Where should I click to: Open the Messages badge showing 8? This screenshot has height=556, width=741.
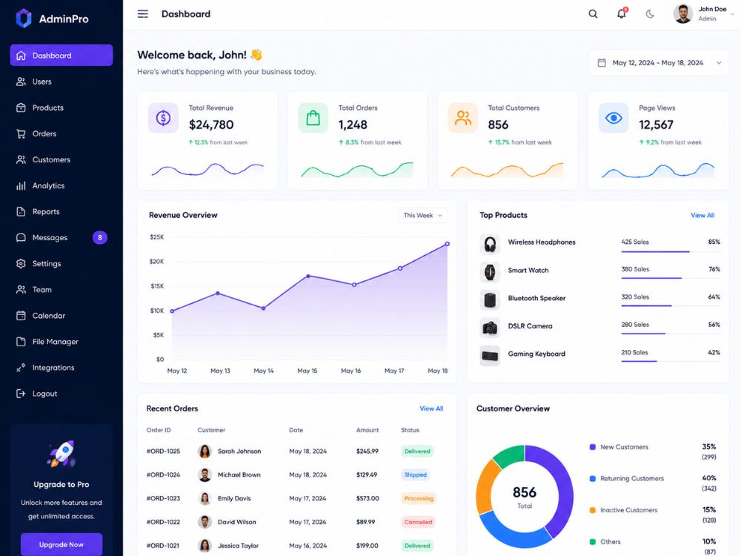point(100,237)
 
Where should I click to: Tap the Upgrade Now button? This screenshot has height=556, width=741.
point(62,544)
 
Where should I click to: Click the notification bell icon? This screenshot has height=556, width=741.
point(622,13)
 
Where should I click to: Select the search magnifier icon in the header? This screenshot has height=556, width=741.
point(593,13)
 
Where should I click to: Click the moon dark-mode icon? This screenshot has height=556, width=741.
point(651,13)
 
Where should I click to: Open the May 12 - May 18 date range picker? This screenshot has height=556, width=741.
point(659,62)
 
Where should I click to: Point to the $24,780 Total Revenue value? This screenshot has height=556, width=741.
point(211,125)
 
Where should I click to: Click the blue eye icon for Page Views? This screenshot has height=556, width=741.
point(614,118)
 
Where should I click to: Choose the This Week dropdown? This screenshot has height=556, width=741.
point(422,215)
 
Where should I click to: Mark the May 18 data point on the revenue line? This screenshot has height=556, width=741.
point(447,244)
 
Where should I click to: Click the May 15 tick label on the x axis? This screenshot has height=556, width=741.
point(308,371)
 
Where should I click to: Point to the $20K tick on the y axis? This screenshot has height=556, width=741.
point(157,262)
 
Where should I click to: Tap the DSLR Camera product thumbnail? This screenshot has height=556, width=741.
point(490,327)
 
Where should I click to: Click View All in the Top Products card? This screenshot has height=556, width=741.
point(702,215)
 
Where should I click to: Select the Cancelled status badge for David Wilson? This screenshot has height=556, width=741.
point(418,522)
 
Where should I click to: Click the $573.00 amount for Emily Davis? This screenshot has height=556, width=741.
point(368,498)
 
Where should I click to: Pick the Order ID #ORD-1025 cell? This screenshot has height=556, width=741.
point(163,451)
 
